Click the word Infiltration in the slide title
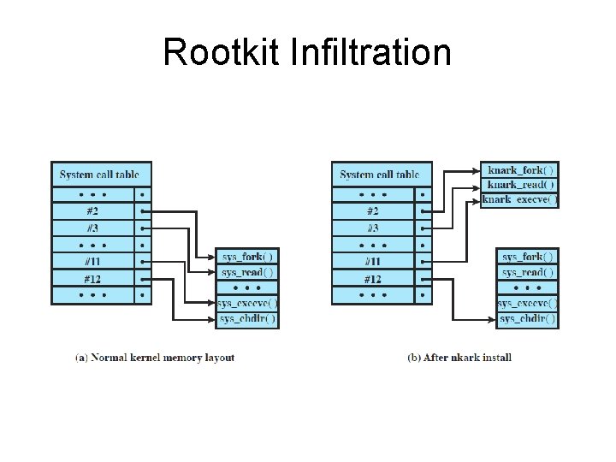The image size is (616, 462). pos(371,52)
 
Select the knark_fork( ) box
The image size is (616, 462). pos(520,169)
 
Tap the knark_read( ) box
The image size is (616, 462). pos(520,184)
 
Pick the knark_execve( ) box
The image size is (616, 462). pos(519,199)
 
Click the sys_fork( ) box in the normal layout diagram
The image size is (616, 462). pos(247,256)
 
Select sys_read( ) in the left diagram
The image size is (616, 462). pos(247,272)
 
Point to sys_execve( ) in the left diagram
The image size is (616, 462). pos(247,303)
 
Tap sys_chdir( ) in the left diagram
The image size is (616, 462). pos(247,318)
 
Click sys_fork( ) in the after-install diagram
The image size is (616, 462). pos(528,256)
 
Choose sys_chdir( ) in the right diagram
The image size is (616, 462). pos(528,318)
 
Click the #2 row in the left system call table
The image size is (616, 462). pos(92,210)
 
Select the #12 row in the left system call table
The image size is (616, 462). pos(92,279)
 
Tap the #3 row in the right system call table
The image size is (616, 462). pos(373,228)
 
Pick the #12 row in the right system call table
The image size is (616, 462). pos(373,279)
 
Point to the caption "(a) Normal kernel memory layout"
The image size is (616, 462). pos(155,358)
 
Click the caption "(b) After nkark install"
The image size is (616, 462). pos(459,358)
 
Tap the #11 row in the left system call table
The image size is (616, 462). pos(92,262)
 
